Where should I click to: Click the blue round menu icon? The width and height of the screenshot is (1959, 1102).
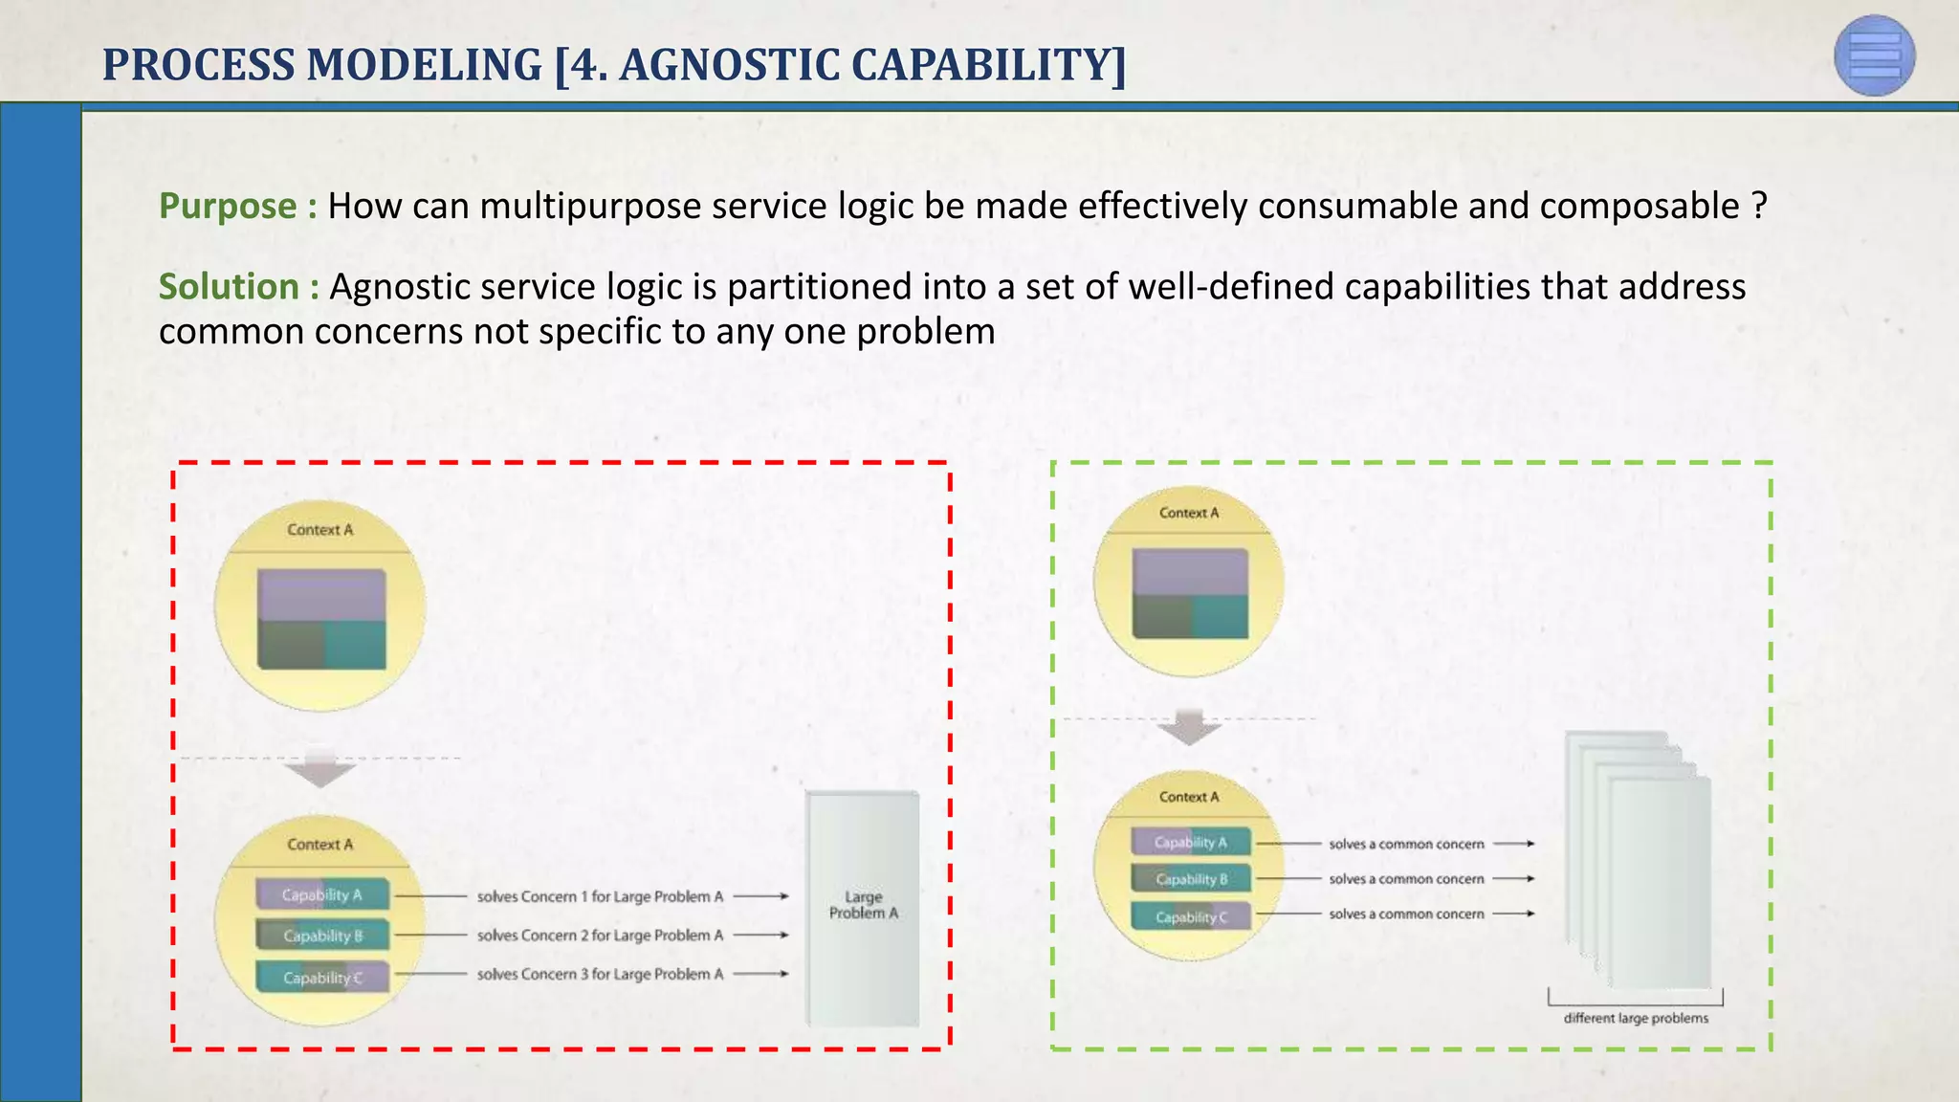[x=1874, y=55]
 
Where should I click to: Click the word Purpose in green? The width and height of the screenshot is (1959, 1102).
[x=228, y=207]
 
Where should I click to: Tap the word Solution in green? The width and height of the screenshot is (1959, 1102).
[x=229, y=287]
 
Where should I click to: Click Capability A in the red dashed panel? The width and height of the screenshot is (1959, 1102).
[x=322, y=894]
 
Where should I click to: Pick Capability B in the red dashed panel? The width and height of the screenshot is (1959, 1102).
[x=322, y=936]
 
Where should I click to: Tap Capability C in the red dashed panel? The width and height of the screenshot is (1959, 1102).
[x=322, y=978]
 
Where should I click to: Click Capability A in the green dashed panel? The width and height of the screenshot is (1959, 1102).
[x=1190, y=842]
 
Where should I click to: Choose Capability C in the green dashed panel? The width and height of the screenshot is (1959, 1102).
[x=1190, y=916]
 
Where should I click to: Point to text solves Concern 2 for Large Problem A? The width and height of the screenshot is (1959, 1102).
[x=600, y=936]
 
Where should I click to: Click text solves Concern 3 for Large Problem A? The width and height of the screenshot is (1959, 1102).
[x=600, y=974]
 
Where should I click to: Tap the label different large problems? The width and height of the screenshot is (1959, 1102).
[x=1636, y=1018]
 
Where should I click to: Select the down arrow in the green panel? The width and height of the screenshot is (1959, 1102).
[x=1189, y=728]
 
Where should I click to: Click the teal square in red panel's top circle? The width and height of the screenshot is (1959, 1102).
[x=355, y=644]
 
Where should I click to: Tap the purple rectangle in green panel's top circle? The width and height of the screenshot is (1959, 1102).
[x=1190, y=571]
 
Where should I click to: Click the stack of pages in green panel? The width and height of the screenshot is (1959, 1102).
[x=1638, y=861]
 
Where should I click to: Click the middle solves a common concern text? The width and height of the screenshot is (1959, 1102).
[x=1406, y=878]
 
